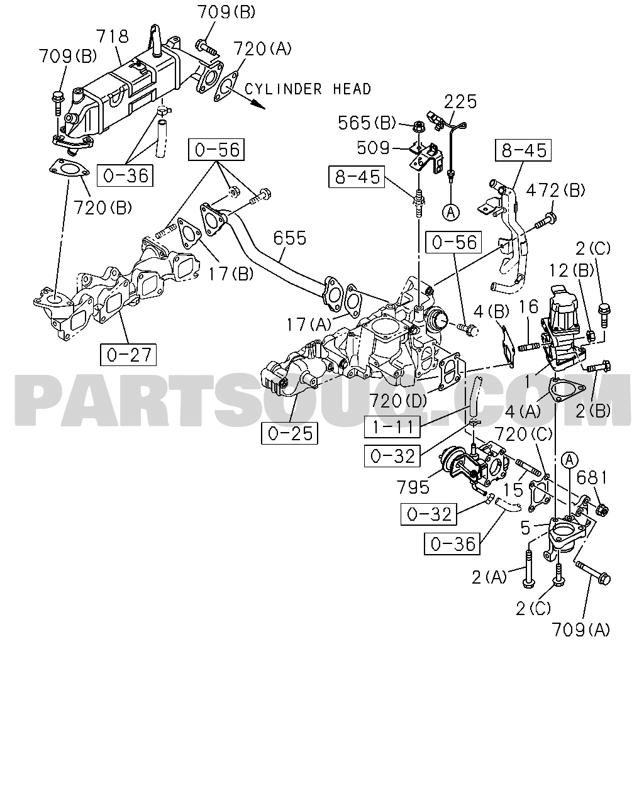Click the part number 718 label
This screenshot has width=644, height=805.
pos(113,36)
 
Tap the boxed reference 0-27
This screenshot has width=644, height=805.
pos(128,355)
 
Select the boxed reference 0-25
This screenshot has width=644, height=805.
pos(290,433)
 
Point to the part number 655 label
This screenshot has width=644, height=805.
pos(290,238)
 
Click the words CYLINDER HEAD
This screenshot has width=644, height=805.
pos(308,89)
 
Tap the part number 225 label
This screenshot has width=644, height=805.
pos(460,102)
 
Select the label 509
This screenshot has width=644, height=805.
pos(373,148)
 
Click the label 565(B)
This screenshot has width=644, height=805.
pos(367,123)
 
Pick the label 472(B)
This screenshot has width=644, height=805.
pos(555,191)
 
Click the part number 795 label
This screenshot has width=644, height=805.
pos(413,487)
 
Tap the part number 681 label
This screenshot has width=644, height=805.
pos(592,478)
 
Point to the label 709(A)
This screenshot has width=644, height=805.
pos(580,630)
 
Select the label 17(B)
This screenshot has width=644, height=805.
pos(231,274)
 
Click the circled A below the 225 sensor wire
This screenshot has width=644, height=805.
pos(451,212)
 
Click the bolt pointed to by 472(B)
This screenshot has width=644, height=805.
pos(546,221)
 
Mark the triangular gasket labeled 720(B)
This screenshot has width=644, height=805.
pos(69,169)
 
